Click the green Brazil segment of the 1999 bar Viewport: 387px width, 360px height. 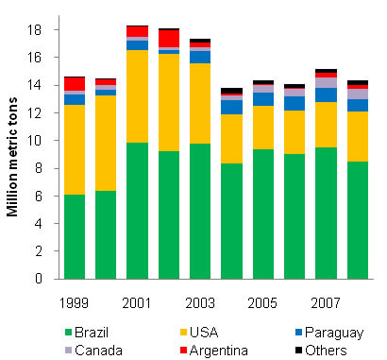point(75,236)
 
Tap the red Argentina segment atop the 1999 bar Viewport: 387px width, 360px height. point(75,84)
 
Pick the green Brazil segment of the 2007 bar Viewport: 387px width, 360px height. point(326,213)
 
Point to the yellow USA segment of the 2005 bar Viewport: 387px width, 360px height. point(263,128)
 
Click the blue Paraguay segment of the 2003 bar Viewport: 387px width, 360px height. point(200,57)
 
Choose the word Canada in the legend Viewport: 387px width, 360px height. point(90,349)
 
